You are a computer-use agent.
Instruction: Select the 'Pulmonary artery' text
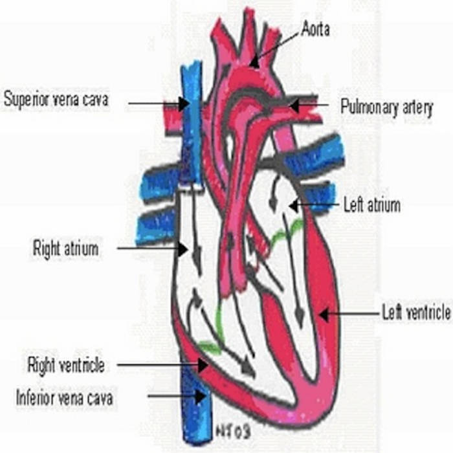(x=386, y=107)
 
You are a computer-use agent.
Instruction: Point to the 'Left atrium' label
(x=371, y=206)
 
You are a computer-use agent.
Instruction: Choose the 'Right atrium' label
(x=66, y=248)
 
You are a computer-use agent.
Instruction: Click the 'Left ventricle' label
(x=416, y=313)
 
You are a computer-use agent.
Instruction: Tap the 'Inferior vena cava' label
(x=64, y=397)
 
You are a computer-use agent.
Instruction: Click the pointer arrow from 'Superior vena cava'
(x=158, y=103)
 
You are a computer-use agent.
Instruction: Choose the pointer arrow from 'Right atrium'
(x=152, y=248)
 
